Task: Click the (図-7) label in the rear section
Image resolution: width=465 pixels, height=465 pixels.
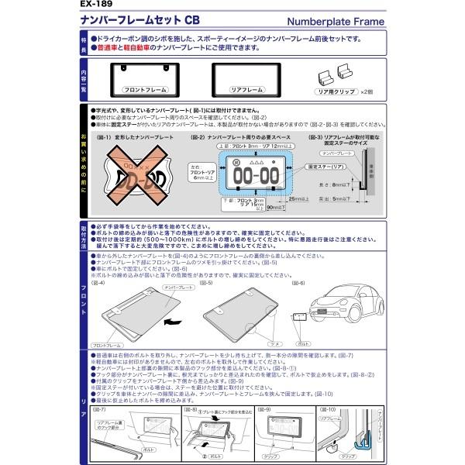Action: point(99,408)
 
